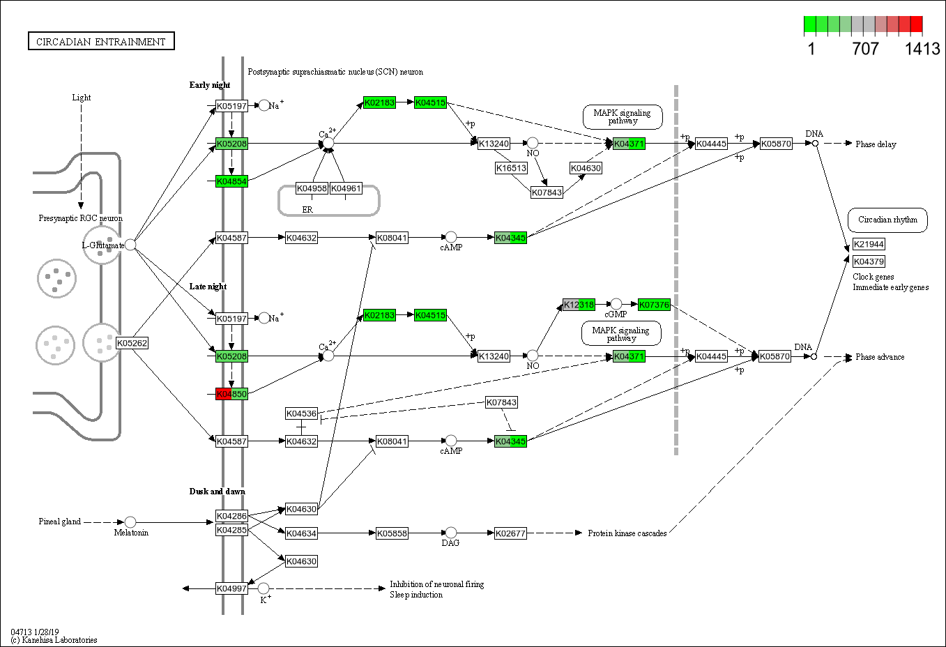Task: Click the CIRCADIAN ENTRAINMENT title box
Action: coord(101,42)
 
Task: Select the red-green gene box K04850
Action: coord(231,394)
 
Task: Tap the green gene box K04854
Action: coord(231,181)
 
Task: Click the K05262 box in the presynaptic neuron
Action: coord(132,343)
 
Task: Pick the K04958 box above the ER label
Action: coord(312,188)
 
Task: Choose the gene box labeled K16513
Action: coord(511,168)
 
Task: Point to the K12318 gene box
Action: coord(579,305)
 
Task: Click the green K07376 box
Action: coord(654,305)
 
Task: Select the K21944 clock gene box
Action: coord(869,244)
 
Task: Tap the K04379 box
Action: coord(869,261)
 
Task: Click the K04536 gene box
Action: coord(301,413)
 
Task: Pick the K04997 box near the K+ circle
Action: coord(231,588)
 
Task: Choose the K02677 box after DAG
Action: coord(510,533)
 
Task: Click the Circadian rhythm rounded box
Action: coord(887,220)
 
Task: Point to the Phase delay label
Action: coord(876,144)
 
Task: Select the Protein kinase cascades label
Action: coord(627,533)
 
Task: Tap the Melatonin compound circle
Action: coord(130,522)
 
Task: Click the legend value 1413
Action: coord(922,49)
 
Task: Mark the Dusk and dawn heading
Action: coord(217,492)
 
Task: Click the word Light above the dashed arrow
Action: coord(82,98)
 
